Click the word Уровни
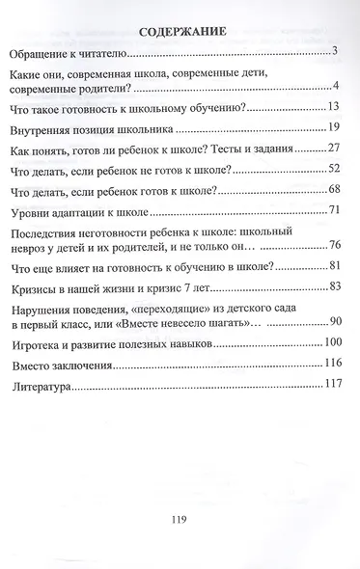(31, 210)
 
